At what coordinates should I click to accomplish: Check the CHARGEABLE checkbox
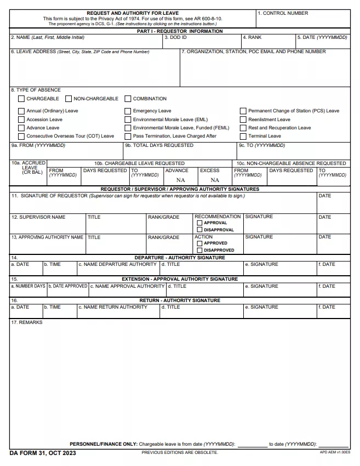[x=21, y=99]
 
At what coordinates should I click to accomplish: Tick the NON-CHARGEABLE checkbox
[x=68, y=99]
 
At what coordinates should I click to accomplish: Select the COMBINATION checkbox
[x=128, y=99]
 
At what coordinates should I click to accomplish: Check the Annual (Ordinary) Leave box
[x=21, y=111]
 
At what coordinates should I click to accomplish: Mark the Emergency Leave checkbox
[x=128, y=111]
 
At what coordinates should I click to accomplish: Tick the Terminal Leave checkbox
[x=243, y=136]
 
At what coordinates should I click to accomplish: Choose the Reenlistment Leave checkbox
[x=243, y=120]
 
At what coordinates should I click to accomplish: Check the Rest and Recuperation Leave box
[x=243, y=128]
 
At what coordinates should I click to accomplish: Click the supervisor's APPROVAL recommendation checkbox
[x=199, y=223]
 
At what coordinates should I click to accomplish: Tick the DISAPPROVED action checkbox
[x=199, y=250]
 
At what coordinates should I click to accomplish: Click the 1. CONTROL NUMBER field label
[x=283, y=13]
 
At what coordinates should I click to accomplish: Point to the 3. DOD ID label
[x=176, y=37]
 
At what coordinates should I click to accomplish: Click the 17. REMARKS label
[x=27, y=322]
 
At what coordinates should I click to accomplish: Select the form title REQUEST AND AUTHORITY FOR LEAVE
[x=133, y=13]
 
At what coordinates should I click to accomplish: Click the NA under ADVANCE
[x=180, y=180]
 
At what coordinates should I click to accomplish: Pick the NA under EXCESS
[x=215, y=180]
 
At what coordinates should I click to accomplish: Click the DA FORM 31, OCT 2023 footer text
[x=43, y=453]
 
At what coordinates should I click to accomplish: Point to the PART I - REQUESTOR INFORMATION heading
[x=180, y=31]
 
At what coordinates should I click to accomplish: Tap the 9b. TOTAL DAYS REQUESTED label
[x=159, y=145]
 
